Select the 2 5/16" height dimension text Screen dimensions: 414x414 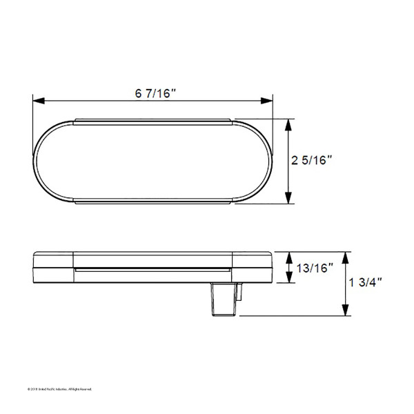[x=311, y=160]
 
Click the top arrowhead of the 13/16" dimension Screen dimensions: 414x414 [x=288, y=256]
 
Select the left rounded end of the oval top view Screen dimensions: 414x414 [x=48, y=161]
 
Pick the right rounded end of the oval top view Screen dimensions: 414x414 [x=259, y=161]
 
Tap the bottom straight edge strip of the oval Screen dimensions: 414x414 [x=153, y=203]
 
